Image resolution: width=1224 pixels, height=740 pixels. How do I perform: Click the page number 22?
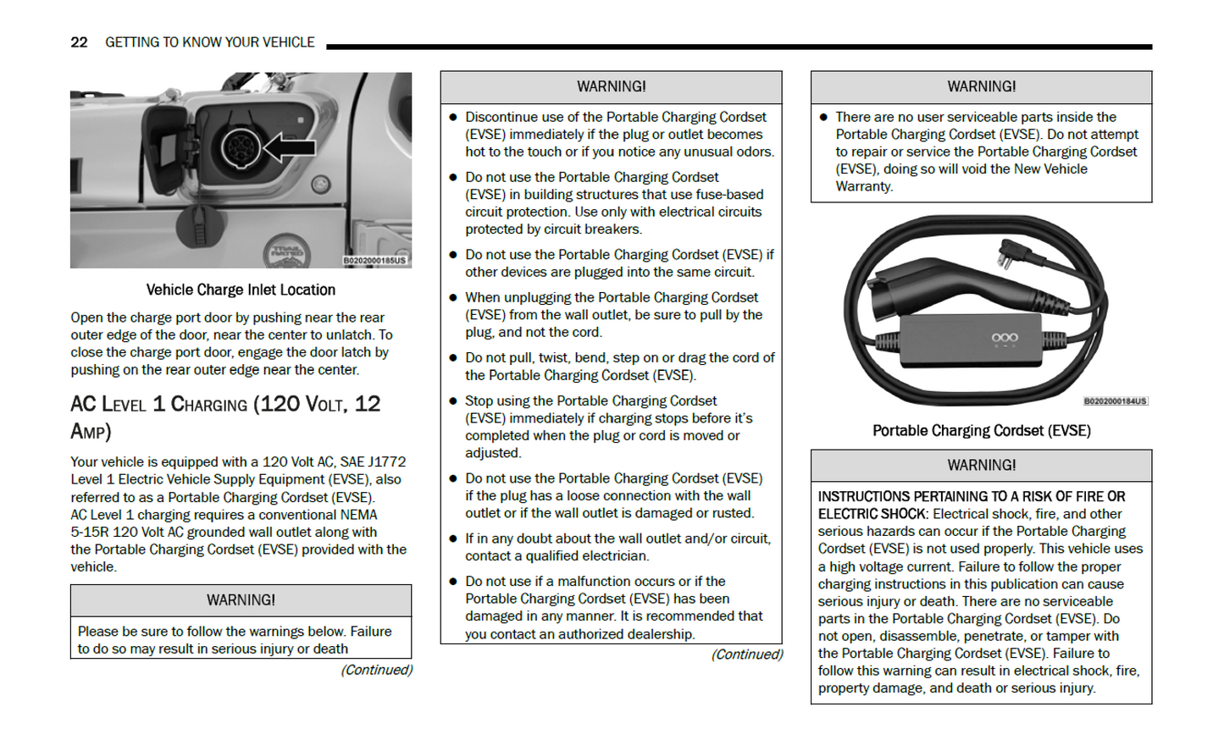79,42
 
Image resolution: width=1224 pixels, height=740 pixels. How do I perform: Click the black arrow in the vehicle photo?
290,147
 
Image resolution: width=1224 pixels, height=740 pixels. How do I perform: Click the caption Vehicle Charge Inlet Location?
241,290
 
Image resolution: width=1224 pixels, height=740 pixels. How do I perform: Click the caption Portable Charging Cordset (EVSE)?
981,431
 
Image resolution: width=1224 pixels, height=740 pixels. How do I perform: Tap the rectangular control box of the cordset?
970,340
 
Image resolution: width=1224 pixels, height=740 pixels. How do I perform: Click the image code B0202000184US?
1116,401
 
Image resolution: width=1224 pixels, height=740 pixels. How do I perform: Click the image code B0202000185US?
374,261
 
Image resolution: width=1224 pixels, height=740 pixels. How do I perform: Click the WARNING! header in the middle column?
611,87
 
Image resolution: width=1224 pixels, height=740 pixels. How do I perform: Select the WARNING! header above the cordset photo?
981,87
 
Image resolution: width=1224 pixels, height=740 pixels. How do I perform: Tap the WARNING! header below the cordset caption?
981,466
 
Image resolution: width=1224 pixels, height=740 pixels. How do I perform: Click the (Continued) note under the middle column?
747,654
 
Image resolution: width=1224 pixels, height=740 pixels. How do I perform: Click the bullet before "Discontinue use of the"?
454,118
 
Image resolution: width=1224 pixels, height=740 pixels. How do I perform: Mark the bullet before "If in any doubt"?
454,538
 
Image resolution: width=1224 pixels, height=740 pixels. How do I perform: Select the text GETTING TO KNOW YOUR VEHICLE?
209,42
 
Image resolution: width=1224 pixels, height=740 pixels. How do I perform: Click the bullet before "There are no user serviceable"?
823,118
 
